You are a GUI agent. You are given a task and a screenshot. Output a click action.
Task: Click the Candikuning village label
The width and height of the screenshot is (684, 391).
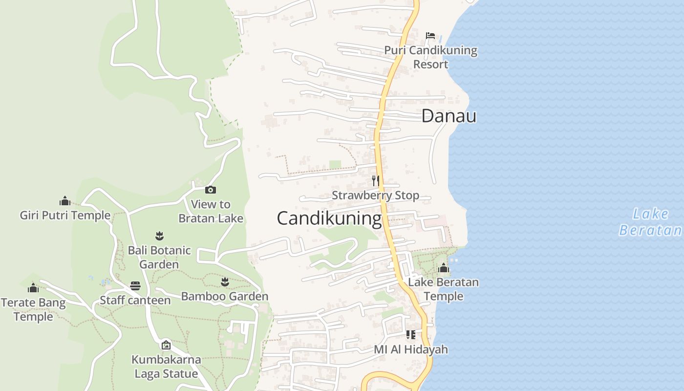click(329, 218)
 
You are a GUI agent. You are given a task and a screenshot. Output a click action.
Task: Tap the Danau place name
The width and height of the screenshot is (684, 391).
click(449, 116)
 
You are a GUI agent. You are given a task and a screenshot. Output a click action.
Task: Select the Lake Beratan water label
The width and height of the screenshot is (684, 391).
click(650, 222)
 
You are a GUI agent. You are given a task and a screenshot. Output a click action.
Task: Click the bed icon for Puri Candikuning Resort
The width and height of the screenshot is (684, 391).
click(430, 35)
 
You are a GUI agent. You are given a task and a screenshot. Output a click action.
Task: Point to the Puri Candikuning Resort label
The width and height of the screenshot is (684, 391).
click(430, 57)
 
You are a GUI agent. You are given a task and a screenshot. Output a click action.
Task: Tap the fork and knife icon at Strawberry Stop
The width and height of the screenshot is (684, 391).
click(375, 181)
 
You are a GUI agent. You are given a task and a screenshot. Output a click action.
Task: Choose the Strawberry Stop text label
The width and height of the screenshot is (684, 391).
click(375, 195)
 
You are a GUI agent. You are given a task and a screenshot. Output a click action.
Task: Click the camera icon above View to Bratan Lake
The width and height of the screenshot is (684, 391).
click(211, 190)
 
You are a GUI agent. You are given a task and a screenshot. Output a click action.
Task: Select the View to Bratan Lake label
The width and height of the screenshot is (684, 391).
click(211, 211)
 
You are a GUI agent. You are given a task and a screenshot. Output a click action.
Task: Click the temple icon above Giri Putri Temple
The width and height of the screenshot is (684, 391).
click(65, 201)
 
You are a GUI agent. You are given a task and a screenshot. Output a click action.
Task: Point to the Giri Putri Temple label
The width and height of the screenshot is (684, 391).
click(65, 216)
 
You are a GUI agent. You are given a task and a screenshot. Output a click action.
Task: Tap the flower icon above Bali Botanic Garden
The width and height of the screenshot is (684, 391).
click(159, 236)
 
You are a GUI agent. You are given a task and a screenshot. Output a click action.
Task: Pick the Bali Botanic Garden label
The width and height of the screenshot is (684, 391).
click(159, 257)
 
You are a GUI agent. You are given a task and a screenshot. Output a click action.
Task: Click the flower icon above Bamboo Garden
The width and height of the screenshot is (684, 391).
click(225, 282)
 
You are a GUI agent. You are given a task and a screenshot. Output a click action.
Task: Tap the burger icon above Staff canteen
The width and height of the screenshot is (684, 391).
click(135, 285)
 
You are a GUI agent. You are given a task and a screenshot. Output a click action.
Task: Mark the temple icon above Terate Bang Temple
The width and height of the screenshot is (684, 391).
click(33, 288)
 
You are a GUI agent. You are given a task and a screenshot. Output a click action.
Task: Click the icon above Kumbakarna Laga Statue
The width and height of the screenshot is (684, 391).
click(166, 345)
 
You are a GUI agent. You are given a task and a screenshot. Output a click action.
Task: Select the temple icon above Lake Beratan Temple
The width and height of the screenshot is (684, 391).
click(444, 268)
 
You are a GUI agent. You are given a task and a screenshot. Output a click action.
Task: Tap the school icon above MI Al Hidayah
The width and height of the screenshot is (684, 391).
click(410, 335)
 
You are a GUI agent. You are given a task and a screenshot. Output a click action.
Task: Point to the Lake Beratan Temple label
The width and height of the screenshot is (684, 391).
click(444, 289)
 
